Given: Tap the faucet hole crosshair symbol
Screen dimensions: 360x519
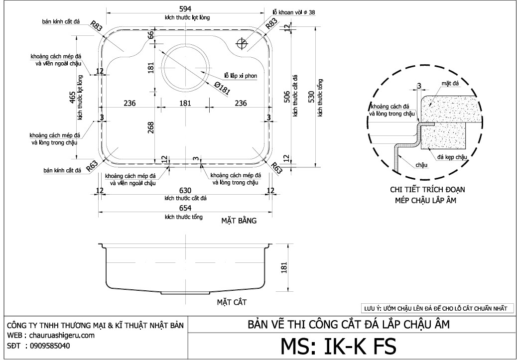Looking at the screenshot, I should [242, 44].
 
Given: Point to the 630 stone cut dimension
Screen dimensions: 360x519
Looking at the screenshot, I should [185, 191].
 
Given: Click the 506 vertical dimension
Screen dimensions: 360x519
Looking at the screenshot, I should [287, 96].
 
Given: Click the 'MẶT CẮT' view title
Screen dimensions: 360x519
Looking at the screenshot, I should [232, 302].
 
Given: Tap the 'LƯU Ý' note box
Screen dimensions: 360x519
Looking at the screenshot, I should [435, 308].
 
